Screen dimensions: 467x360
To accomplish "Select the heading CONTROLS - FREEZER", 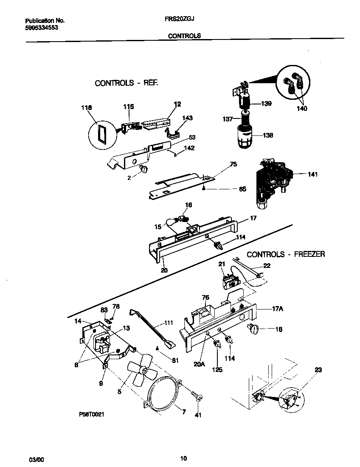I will (x=286, y=254).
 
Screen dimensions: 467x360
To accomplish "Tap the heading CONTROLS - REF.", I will (x=126, y=83).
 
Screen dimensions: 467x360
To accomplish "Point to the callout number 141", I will (x=312, y=174).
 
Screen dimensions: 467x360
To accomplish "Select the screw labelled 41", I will (x=196, y=396).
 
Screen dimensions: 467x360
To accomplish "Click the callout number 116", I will (x=86, y=108).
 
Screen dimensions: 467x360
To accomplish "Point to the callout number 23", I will (x=318, y=369).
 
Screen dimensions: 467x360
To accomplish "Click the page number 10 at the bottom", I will (x=183, y=458).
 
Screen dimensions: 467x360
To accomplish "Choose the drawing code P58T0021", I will (x=91, y=414).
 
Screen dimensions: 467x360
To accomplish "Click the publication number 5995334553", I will (x=42, y=27).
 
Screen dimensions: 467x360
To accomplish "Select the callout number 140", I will (x=302, y=108).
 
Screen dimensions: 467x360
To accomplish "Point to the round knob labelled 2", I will (x=144, y=170).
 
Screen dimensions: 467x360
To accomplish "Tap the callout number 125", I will (x=217, y=370).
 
